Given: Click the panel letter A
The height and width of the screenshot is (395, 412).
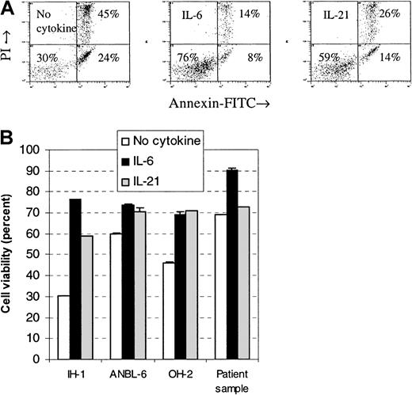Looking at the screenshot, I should coord(9,9).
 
